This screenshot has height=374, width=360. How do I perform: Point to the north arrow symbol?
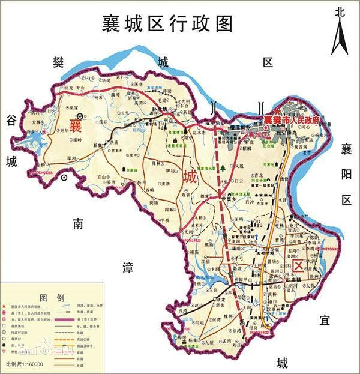340,36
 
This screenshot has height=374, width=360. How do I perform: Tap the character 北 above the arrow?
340,11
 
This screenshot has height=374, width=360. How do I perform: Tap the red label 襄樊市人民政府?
293,119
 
